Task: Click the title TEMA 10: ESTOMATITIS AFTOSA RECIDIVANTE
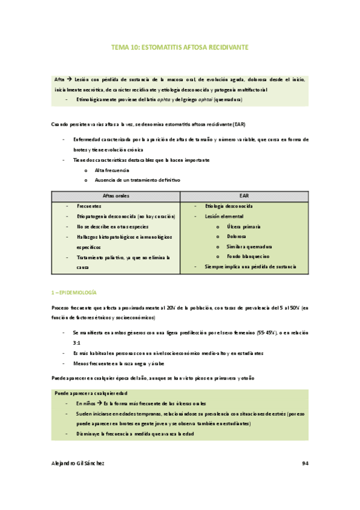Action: [180, 46]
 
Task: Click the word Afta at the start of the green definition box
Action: [59, 79]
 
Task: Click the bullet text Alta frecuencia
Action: [112, 171]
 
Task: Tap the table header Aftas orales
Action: [115, 196]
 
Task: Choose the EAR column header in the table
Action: [244, 196]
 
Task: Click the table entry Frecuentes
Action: [89, 206]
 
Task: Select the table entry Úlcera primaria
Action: [244, 226]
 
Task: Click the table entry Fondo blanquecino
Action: [248, 256]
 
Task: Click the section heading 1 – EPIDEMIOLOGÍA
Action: [75, 292]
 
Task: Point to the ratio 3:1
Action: [76, 342]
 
